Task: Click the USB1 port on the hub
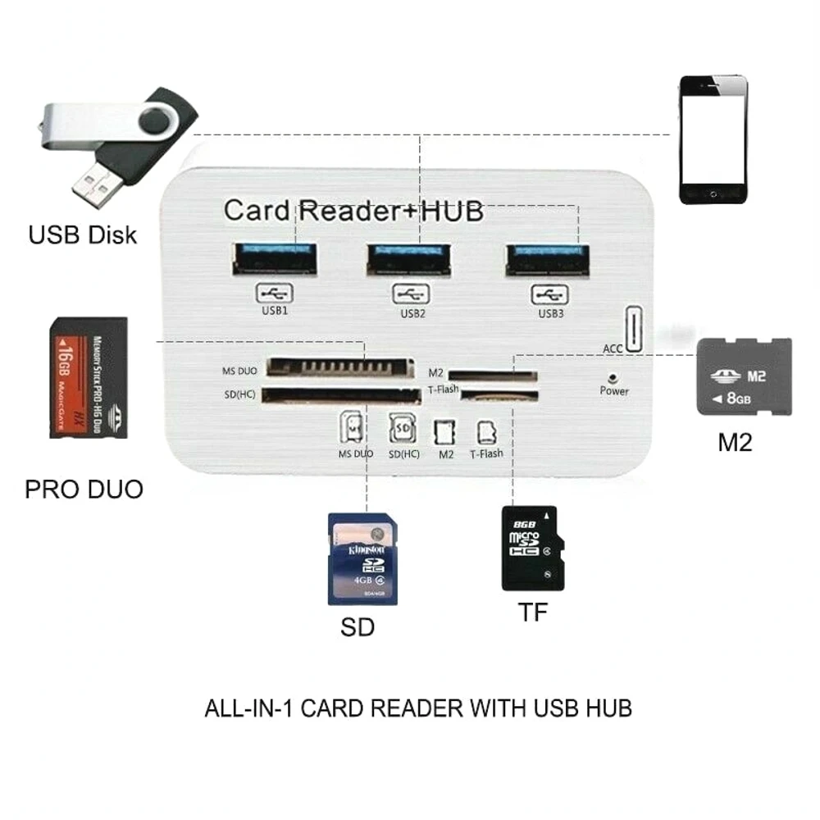point(275,259)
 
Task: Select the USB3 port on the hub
point(547,260)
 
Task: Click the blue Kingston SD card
point(362,558)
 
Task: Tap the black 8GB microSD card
point(533,548)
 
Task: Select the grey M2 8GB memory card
point(744,376)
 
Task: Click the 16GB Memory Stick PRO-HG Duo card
point(89,377)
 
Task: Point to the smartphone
point(713,139)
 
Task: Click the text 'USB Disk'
point(83,234)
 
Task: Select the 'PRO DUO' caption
point(84,489)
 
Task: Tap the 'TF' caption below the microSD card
point(532,612)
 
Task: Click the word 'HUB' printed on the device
point(451,210)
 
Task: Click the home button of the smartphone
point(713,194)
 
